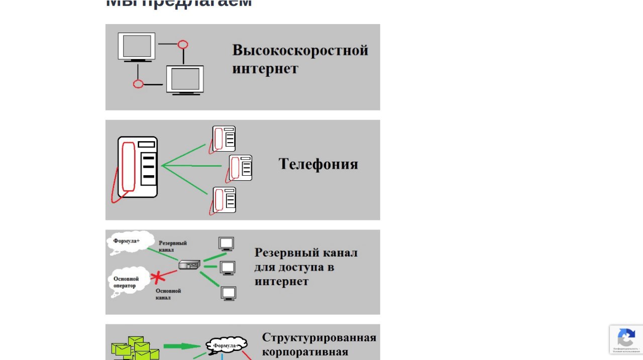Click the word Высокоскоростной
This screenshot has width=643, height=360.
tap(300, 51)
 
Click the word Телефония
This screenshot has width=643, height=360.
tap(318, 164)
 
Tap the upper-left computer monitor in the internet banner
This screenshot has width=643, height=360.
tap(137, 47)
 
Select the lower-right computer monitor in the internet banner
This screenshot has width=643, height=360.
tap(185, 80)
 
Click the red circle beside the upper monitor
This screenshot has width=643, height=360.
tap(183, 45)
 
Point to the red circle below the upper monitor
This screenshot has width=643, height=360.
tap(138, 84)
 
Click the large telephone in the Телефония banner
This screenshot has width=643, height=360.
tap(136, 168)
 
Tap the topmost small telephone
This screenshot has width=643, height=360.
tap(224, 139)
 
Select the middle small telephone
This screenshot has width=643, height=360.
tap(240, 168)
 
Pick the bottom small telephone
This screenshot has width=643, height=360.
tap(224, 200)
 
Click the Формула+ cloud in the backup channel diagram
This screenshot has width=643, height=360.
tap(130, 242)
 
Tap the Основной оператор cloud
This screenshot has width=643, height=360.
tap(128, 282)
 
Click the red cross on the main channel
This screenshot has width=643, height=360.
tap(159, 277)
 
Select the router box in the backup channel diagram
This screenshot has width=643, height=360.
tap(189, 265)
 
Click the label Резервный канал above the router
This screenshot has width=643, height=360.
tap(172, 246)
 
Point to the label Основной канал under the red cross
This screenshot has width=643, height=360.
tap(168, 294)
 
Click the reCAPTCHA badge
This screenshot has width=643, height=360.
tap(626, 339)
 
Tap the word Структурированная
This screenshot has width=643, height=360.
tap(319, 337)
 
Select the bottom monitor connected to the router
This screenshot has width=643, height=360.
tap(229, 293)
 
